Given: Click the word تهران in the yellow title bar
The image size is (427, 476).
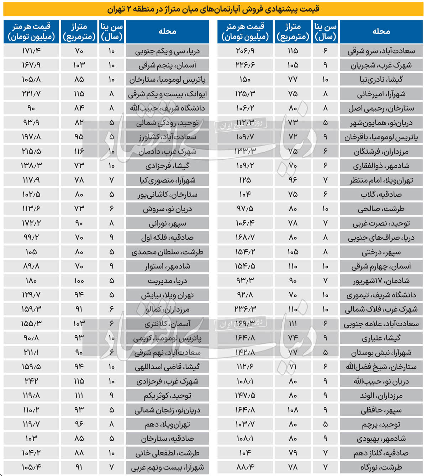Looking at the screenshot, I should (x=117, y=9).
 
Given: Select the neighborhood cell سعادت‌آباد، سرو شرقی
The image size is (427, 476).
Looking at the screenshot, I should (x=381, y=51).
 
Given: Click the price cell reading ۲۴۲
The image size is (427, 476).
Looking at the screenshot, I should (x=31, y=381).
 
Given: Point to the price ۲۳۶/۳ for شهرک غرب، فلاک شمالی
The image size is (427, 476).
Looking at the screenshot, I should (x=245, y=309).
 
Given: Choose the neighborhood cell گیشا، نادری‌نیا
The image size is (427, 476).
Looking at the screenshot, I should (x=381, y=80).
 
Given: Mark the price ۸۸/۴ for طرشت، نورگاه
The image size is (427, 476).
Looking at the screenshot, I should (x=245, y=467).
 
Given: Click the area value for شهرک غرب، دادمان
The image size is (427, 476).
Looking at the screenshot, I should (x=79, y=152).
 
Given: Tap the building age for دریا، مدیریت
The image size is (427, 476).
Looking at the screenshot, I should (x=111, y=281).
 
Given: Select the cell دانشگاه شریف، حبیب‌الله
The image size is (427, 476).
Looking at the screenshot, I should (x=167, y=108).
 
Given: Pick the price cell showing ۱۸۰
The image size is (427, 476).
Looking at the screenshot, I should (x=31, y=281).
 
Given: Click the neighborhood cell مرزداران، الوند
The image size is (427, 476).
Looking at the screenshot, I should (x=381, y=395).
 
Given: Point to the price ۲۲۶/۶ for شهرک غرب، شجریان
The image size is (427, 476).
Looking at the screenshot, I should (x=245, y=65).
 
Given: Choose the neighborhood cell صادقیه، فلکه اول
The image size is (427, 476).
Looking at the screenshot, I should (x=167, y=237).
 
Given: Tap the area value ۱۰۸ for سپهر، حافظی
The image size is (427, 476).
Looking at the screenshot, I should (x=292, y=410).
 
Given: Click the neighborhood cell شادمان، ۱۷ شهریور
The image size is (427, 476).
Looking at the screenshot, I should (x=381, y=281).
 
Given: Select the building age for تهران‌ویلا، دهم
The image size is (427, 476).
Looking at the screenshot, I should (x=111, y=424).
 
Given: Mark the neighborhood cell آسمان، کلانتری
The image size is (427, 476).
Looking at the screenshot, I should (x=167, y=324).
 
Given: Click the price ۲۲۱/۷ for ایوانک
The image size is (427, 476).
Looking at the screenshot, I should (x=31, y=94).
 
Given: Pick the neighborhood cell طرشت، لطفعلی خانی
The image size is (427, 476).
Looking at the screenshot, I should (x=167, y=453).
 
